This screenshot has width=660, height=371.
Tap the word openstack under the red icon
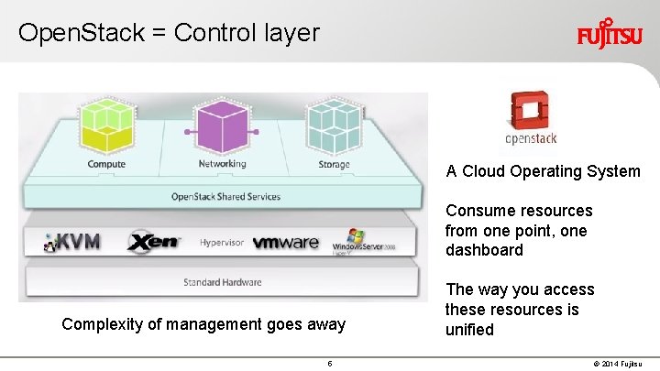(531, 139)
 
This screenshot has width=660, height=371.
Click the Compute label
(106, 164)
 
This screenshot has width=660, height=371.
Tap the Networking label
(222, 164)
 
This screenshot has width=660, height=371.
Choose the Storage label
(334, 165)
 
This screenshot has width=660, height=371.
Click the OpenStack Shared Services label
(225, 196)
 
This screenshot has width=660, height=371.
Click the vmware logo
(285, 243)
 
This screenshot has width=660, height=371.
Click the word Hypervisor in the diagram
(223, 243)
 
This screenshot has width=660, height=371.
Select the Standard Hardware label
(222, 281)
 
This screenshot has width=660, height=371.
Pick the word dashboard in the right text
(485, 250)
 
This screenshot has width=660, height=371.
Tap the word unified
(469, 330)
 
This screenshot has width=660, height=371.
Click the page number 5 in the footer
(329, 364)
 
